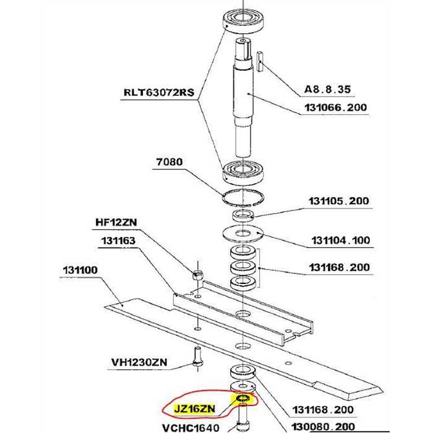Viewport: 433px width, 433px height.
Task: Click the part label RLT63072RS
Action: [x=159, y=92]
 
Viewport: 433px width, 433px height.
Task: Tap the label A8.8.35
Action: [x=327, y=89]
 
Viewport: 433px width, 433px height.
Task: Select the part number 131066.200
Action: [x=335, y=107]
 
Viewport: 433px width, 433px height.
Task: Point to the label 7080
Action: [x=169, y=161]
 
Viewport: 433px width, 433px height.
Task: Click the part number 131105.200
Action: [x=339, y=201]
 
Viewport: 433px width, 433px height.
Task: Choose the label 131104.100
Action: [x=340, y=240]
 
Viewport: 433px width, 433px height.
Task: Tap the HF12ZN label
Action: [x=116, y=222]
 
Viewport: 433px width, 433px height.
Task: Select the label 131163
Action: [x=119, y=241]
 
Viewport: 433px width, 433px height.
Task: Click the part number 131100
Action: [x=80, y=270]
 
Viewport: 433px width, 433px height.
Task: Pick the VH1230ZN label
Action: [x=139, y=362]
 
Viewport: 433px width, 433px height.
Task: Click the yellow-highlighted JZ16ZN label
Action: [x=194, y=408]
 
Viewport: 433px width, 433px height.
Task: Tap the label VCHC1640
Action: [x=191, y=428]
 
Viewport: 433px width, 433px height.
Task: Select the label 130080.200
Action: [x=323, y=427]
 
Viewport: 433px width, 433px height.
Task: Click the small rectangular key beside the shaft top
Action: [x=260, y=61]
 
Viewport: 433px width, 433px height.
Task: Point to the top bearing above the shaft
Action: [x=243, y=21]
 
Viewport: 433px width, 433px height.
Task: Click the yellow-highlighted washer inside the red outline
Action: [x=243, y=399]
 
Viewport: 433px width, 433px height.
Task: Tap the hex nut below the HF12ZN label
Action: [x=197, y=275]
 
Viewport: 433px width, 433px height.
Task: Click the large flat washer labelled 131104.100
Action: [x=243, y=234]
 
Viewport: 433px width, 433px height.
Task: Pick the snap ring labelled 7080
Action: [x=243, y=198]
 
